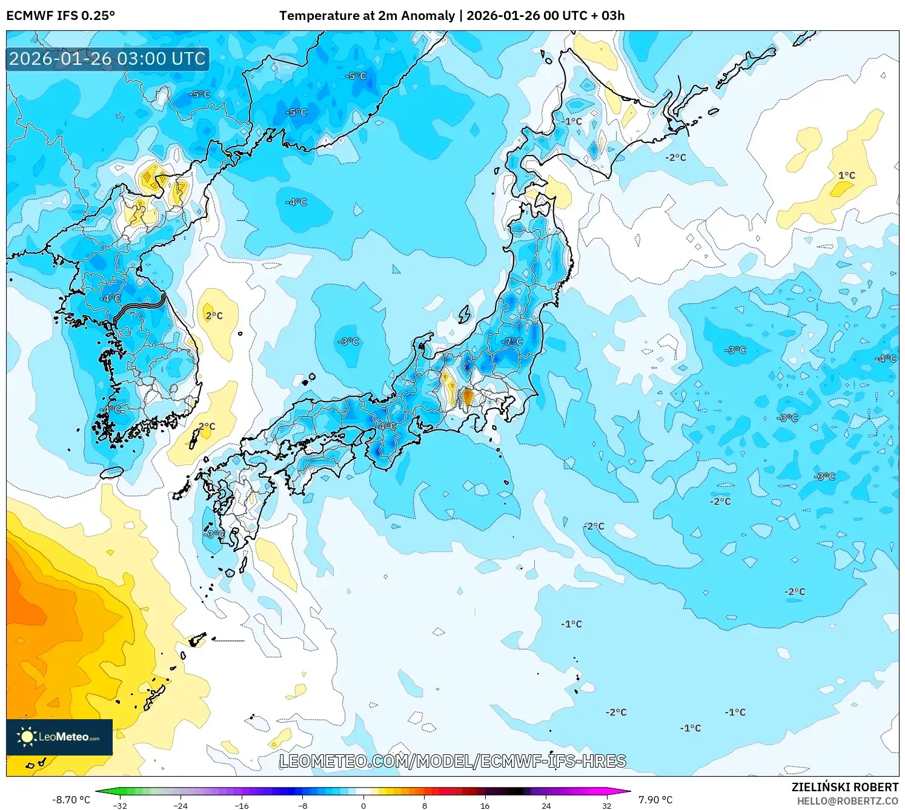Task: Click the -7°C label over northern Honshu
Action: (512, 341)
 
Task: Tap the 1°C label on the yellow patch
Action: (846, 176)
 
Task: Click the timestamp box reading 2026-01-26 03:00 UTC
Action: (107, 59)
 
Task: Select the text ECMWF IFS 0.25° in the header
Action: (61, 16)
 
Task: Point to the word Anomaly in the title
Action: (426, 16)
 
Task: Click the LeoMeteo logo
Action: (59, 737)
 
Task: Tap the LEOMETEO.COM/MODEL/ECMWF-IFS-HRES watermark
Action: (452, 761)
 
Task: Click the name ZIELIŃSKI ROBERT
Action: (844, 787)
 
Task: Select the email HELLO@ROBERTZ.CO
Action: (847, 801)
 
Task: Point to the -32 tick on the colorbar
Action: (120, 805)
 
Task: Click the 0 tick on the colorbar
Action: (363, 805)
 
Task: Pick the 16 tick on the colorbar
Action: (485, 805)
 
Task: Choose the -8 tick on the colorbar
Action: (303, 805)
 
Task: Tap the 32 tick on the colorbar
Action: (606, 805)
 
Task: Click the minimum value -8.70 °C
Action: (71, 800)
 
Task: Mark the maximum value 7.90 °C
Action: (655, 800)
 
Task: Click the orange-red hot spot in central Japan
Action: (468, 397)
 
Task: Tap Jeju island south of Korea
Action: (111, 472)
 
